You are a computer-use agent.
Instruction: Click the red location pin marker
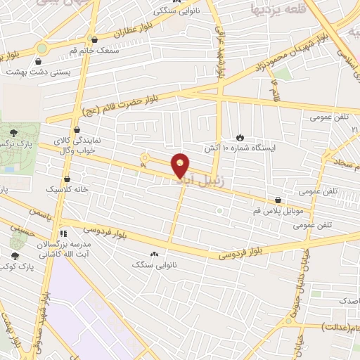[x=181, y=165]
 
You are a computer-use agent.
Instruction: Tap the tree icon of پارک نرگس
[x=13, y=133]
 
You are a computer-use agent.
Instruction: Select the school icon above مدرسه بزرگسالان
[x=63, y=233]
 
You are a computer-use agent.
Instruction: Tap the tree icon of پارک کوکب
[x=15, y=256]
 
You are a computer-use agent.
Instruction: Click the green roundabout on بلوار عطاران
[x=42, y=48]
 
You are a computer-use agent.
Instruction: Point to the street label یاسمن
[x=41, y=211]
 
